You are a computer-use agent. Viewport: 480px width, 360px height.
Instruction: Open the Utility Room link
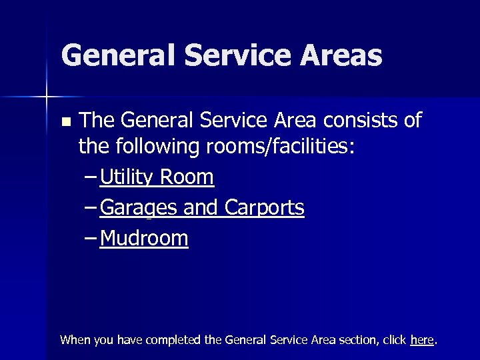coord(157,177)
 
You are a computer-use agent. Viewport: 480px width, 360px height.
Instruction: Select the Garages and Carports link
coord(202,208)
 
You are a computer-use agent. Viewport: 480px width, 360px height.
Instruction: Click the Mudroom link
coord(144,238)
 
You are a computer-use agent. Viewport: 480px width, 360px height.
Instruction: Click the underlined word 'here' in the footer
coord(422,340)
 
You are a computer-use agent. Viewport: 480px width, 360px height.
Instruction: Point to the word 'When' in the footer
coord(74,340)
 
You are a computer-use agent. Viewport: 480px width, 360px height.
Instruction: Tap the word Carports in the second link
coord(264,208)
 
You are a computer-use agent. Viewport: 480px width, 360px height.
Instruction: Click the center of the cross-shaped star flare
coord(47,97)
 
